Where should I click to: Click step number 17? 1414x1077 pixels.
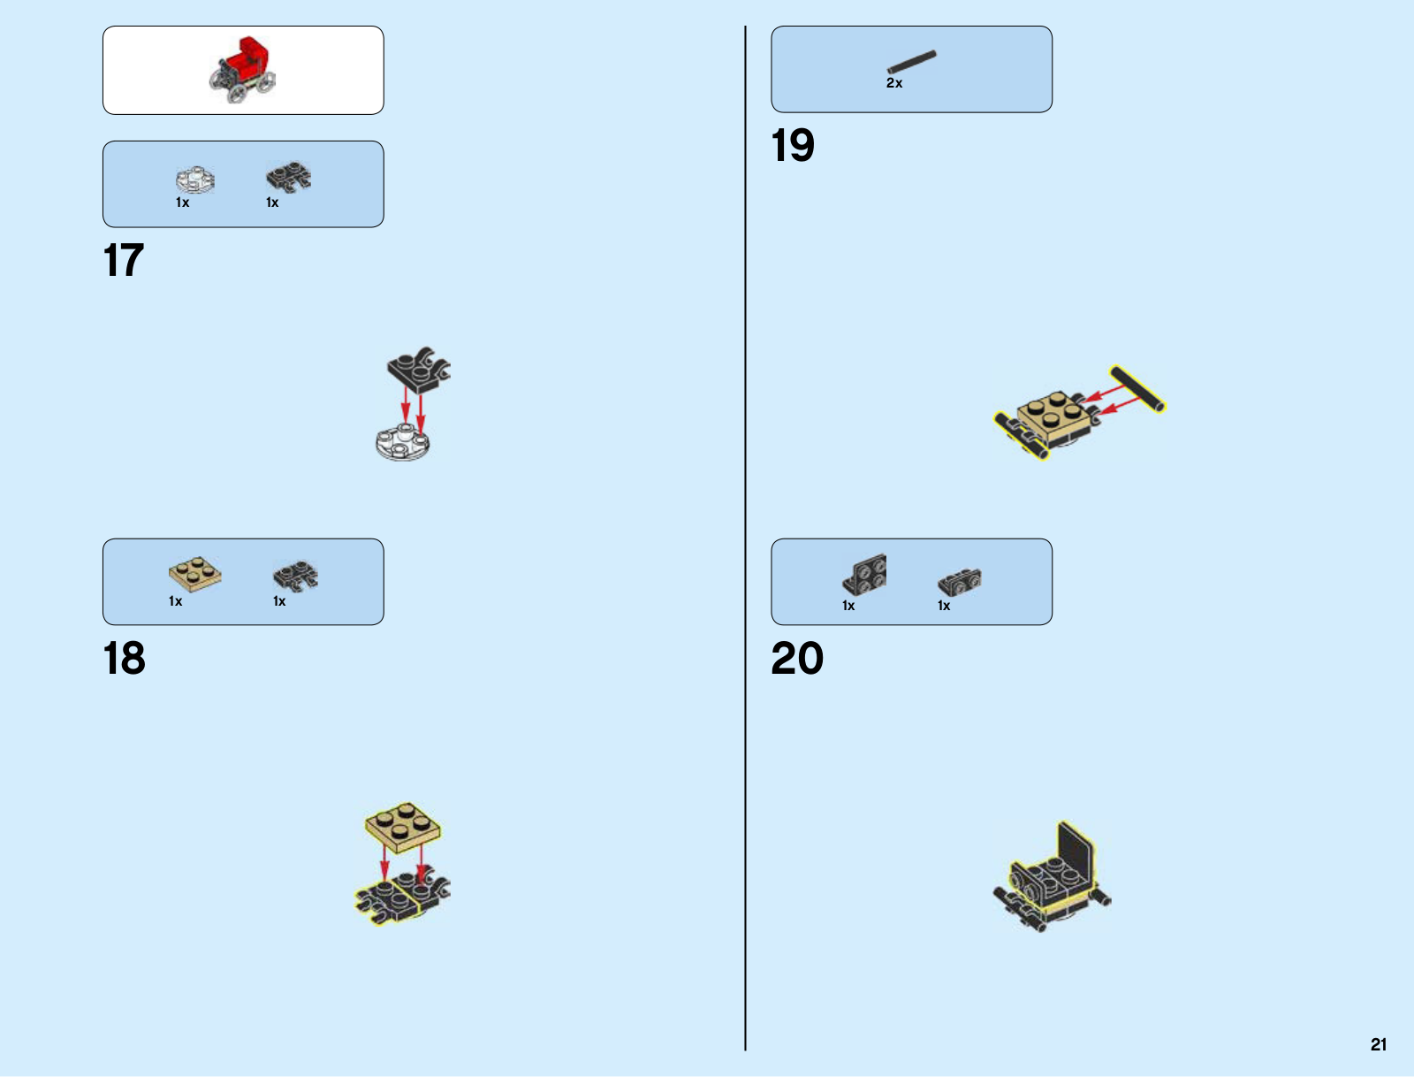[x=124, y=261]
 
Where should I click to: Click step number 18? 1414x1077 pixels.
[x=125, y=659]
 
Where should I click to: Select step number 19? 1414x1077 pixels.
[x=793, y=146]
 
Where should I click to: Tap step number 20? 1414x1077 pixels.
[x=797, y=659]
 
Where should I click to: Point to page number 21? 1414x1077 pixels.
[x=1379, y=1044]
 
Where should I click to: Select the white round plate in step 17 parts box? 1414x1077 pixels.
[x=195, y=179]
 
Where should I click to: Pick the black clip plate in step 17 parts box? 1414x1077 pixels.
[x=289, y=176]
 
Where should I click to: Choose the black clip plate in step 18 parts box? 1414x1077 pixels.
[x=295, y=577]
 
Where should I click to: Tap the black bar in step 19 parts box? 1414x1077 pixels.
[x=912, y=62]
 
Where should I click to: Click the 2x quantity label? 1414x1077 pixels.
[x=894, y=83]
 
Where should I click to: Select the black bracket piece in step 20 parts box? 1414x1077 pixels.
[x=865, y=575]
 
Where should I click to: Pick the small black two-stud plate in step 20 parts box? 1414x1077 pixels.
[x=960, y=582]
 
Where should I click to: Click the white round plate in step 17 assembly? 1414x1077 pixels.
[x=402, y=442]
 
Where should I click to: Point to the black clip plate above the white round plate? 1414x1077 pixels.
[x=418, y=370]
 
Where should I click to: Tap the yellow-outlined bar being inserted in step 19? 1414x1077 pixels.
[x=1138, y=389]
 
